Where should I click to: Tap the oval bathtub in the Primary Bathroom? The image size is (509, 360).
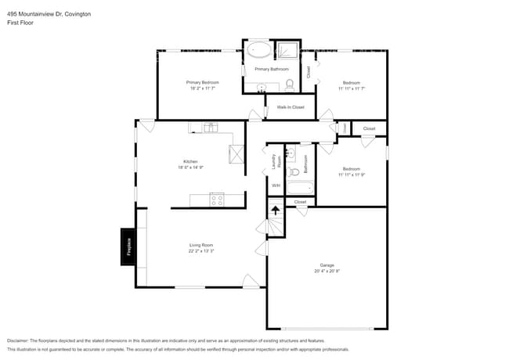click(259, 52)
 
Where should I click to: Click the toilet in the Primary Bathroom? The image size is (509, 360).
click(289, 84)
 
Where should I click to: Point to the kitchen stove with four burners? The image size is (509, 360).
click(217, 200)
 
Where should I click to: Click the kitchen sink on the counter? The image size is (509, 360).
click(210, 128)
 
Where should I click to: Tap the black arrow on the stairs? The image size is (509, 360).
click(276, 209)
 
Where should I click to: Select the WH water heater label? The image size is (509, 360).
click(276, 185)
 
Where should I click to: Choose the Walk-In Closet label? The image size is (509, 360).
click(291, 106)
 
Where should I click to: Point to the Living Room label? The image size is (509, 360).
click(201, 245)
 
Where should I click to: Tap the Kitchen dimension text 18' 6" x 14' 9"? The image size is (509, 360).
click(190, 167)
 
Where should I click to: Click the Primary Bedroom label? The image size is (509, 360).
click(202, 82)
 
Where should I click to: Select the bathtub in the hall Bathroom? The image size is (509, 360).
click(301, 188)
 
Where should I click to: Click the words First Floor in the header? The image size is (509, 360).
click(20, 23)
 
